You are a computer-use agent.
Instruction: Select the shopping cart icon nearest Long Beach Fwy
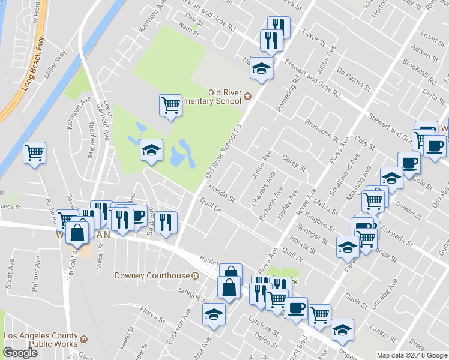[35, 153]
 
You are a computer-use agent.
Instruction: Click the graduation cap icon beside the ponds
[151, 150]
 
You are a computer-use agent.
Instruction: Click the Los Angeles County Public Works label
[41, 340]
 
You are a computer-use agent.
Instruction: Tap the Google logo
[20, 353]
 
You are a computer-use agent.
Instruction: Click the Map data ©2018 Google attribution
[411, 355]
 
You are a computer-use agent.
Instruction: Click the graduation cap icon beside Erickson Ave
[214, 314]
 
